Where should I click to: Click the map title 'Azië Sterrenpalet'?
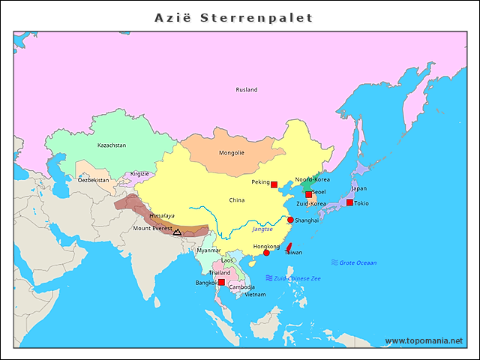click(x=233, y=17)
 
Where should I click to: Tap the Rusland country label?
click(x=247, y=90)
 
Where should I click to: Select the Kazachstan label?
click(x=112, y=145)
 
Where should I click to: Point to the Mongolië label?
click(x=232, y=152)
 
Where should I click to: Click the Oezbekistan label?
click(x=92, y=180)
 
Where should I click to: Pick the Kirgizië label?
click(x=140, y=173)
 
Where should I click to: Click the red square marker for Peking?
click(x=274, y=184)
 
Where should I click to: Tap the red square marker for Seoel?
click(x=308, y=194)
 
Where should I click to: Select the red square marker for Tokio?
click(x=349, y=202)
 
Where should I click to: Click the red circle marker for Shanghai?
click(x=290, y=220)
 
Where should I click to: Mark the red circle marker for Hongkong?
click(x=266, y=253)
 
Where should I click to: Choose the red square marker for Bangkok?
click(x=221, y=282)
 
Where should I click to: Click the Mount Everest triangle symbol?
click(x=176, y=232)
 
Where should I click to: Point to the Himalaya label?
click(x=162, y=215)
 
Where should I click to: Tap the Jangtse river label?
click(x=262, y=229)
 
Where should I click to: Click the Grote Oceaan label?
click(x=358, y=263)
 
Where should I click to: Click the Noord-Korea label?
click(x=312, y=180)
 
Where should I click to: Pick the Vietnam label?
click(x=255, y=295)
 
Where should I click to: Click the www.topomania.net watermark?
click(x=424, y=341)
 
